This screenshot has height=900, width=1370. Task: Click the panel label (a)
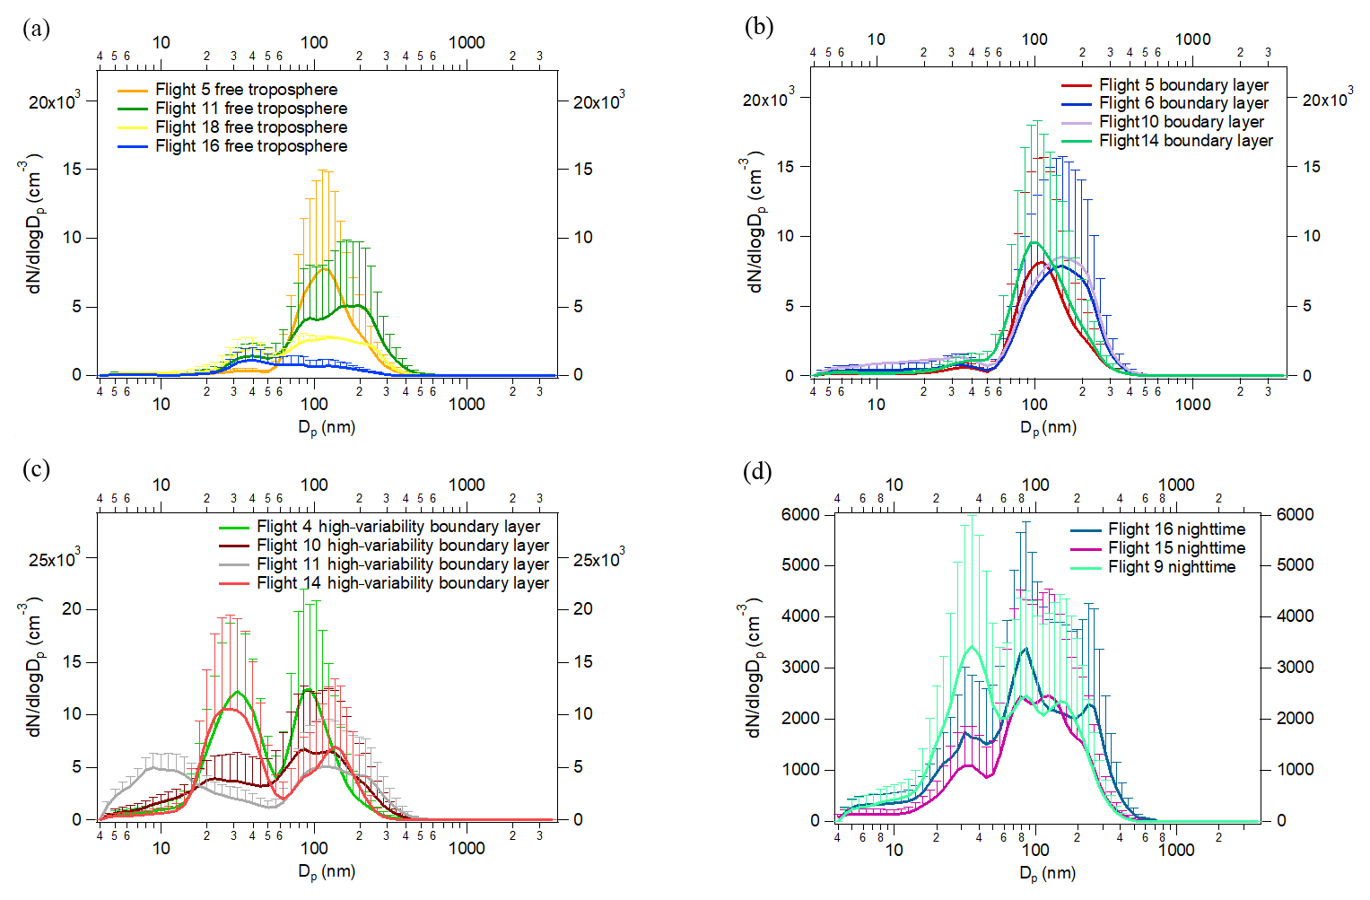[36, 29]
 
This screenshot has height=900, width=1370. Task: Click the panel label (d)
[758, 471]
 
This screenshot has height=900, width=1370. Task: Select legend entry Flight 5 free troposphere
[246, 90]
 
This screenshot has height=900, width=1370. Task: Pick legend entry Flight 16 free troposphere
[250, 146]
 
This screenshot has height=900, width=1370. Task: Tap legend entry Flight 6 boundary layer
[1183, 103]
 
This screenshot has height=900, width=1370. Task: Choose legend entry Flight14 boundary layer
[1185, 141]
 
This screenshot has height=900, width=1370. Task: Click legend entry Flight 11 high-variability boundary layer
[402, 564]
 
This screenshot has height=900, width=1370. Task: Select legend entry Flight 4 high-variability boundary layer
[398, 527]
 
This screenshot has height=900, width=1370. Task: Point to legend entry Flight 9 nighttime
[1171, 567]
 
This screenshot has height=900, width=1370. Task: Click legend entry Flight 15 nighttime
[1176, 548]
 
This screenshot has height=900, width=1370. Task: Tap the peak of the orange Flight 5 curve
[325, 268]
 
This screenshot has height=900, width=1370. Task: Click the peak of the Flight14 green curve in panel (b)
[1034, 242]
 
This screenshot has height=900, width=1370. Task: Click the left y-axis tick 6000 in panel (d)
[800, 514]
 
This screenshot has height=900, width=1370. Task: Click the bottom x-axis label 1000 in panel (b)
[1192, 405]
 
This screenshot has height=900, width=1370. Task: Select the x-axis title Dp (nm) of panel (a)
[327, 428]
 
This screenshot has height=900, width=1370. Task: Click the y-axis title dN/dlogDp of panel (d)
[755, 669]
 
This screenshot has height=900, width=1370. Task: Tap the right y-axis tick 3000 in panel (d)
[1295, 667]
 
